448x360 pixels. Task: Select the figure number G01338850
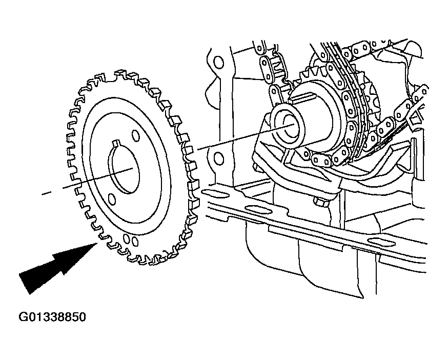pos(52,317)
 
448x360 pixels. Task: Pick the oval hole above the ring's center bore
pos(136,135)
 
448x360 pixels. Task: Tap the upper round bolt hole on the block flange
pos(219,63)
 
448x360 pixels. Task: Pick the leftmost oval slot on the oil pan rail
pos(215,194)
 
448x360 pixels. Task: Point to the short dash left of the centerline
pos(46,193)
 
